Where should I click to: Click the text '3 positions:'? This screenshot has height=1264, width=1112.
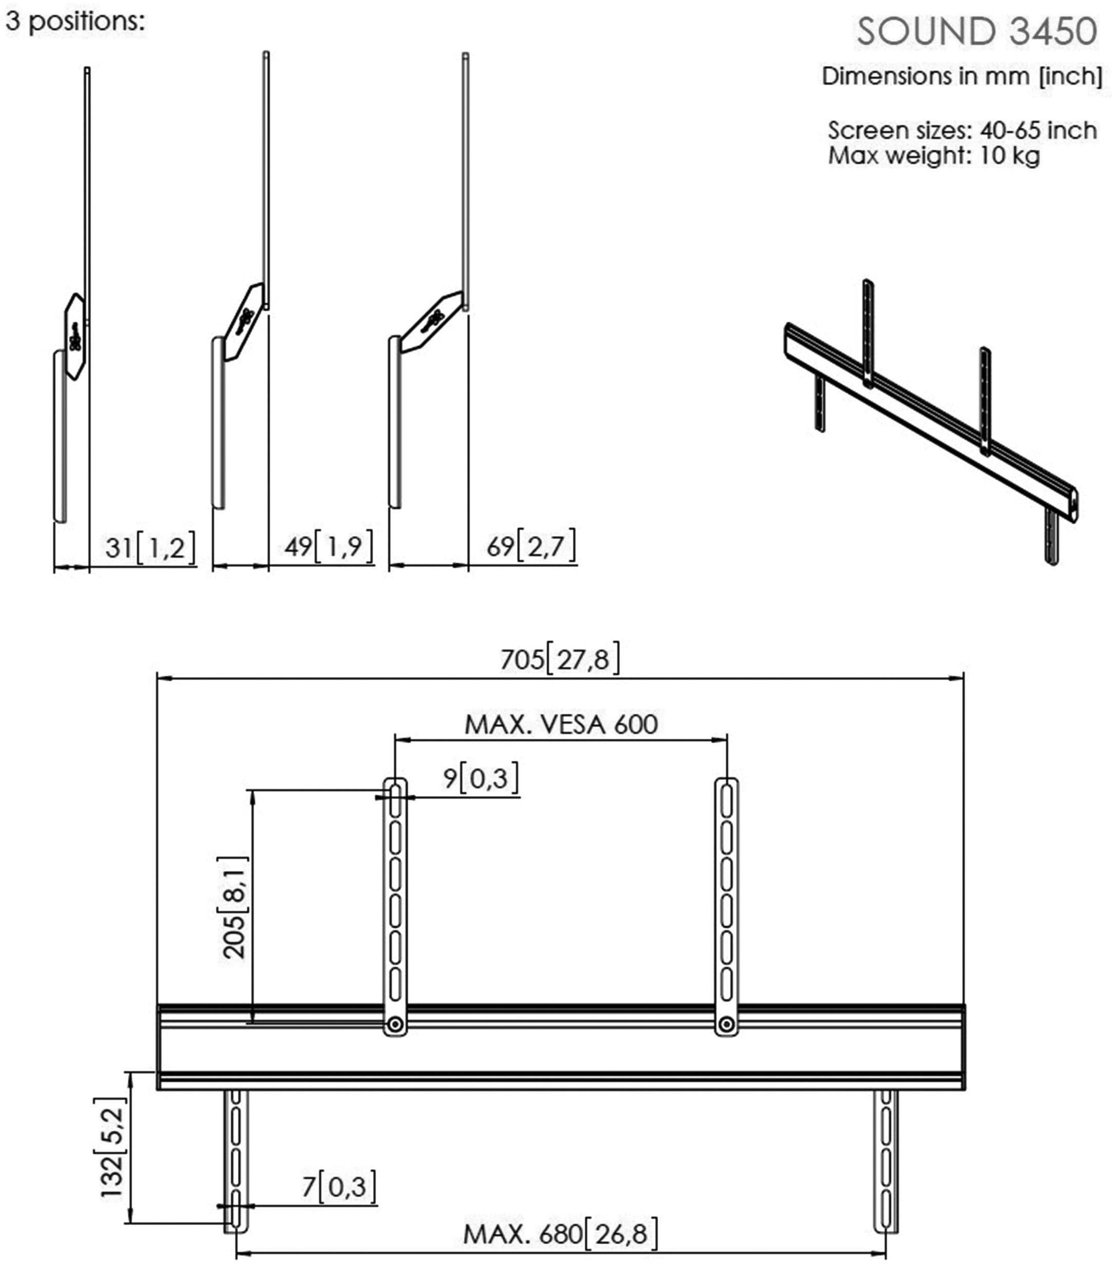(75, 22)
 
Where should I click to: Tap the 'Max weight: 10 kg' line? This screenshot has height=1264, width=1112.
(934, 155)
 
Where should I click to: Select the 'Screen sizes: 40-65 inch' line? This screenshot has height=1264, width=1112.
(962, 130)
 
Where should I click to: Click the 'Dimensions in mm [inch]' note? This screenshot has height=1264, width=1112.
(962, 76)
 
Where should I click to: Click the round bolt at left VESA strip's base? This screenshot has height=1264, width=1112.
(395, 1025)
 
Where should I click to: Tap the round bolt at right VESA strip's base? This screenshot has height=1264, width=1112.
(727, 1025)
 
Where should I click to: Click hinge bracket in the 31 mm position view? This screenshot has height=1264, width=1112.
(75, 336)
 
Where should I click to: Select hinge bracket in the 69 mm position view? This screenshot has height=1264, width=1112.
(432, 322)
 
